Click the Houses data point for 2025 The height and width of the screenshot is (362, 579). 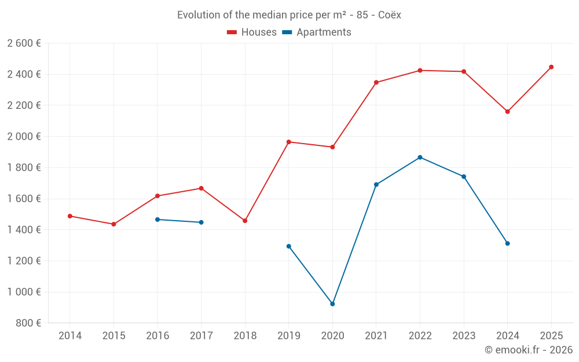click(x=551, y=67)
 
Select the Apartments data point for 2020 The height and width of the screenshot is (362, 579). click(x=332, y=304)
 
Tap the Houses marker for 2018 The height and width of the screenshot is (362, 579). click(x=245, y=221)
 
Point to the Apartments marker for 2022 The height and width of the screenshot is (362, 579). click(x=420, y=158)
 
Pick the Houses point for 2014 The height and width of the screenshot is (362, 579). click(x=70, y=216)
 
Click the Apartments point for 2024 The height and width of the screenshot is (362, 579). click(x=507, y=243)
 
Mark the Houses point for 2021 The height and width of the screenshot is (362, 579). click(x=376, y=82)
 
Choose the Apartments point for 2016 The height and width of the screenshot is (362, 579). click(x=157, y=220)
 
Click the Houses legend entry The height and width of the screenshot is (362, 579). click(x=252, y=32)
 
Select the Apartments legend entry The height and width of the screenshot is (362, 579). click(x=317, y=32)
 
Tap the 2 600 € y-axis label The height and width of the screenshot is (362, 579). click(x=24, y=43)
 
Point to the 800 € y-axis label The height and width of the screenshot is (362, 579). click(x=28, y=323)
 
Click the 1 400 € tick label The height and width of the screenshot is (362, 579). click(x=24, y=230)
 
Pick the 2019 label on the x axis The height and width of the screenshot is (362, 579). click(x=288, y=336)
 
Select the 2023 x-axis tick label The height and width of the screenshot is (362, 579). click(x=464, y=336)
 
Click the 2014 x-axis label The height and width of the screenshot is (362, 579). click(x=70, y=336)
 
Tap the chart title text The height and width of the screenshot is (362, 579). click(x=289, y=15)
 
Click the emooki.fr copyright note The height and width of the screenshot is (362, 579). click(x=528, y=350)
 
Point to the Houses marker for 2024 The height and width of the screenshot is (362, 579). click(x=507, y=112)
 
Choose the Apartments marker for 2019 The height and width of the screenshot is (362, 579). click(x=289, y=246)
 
